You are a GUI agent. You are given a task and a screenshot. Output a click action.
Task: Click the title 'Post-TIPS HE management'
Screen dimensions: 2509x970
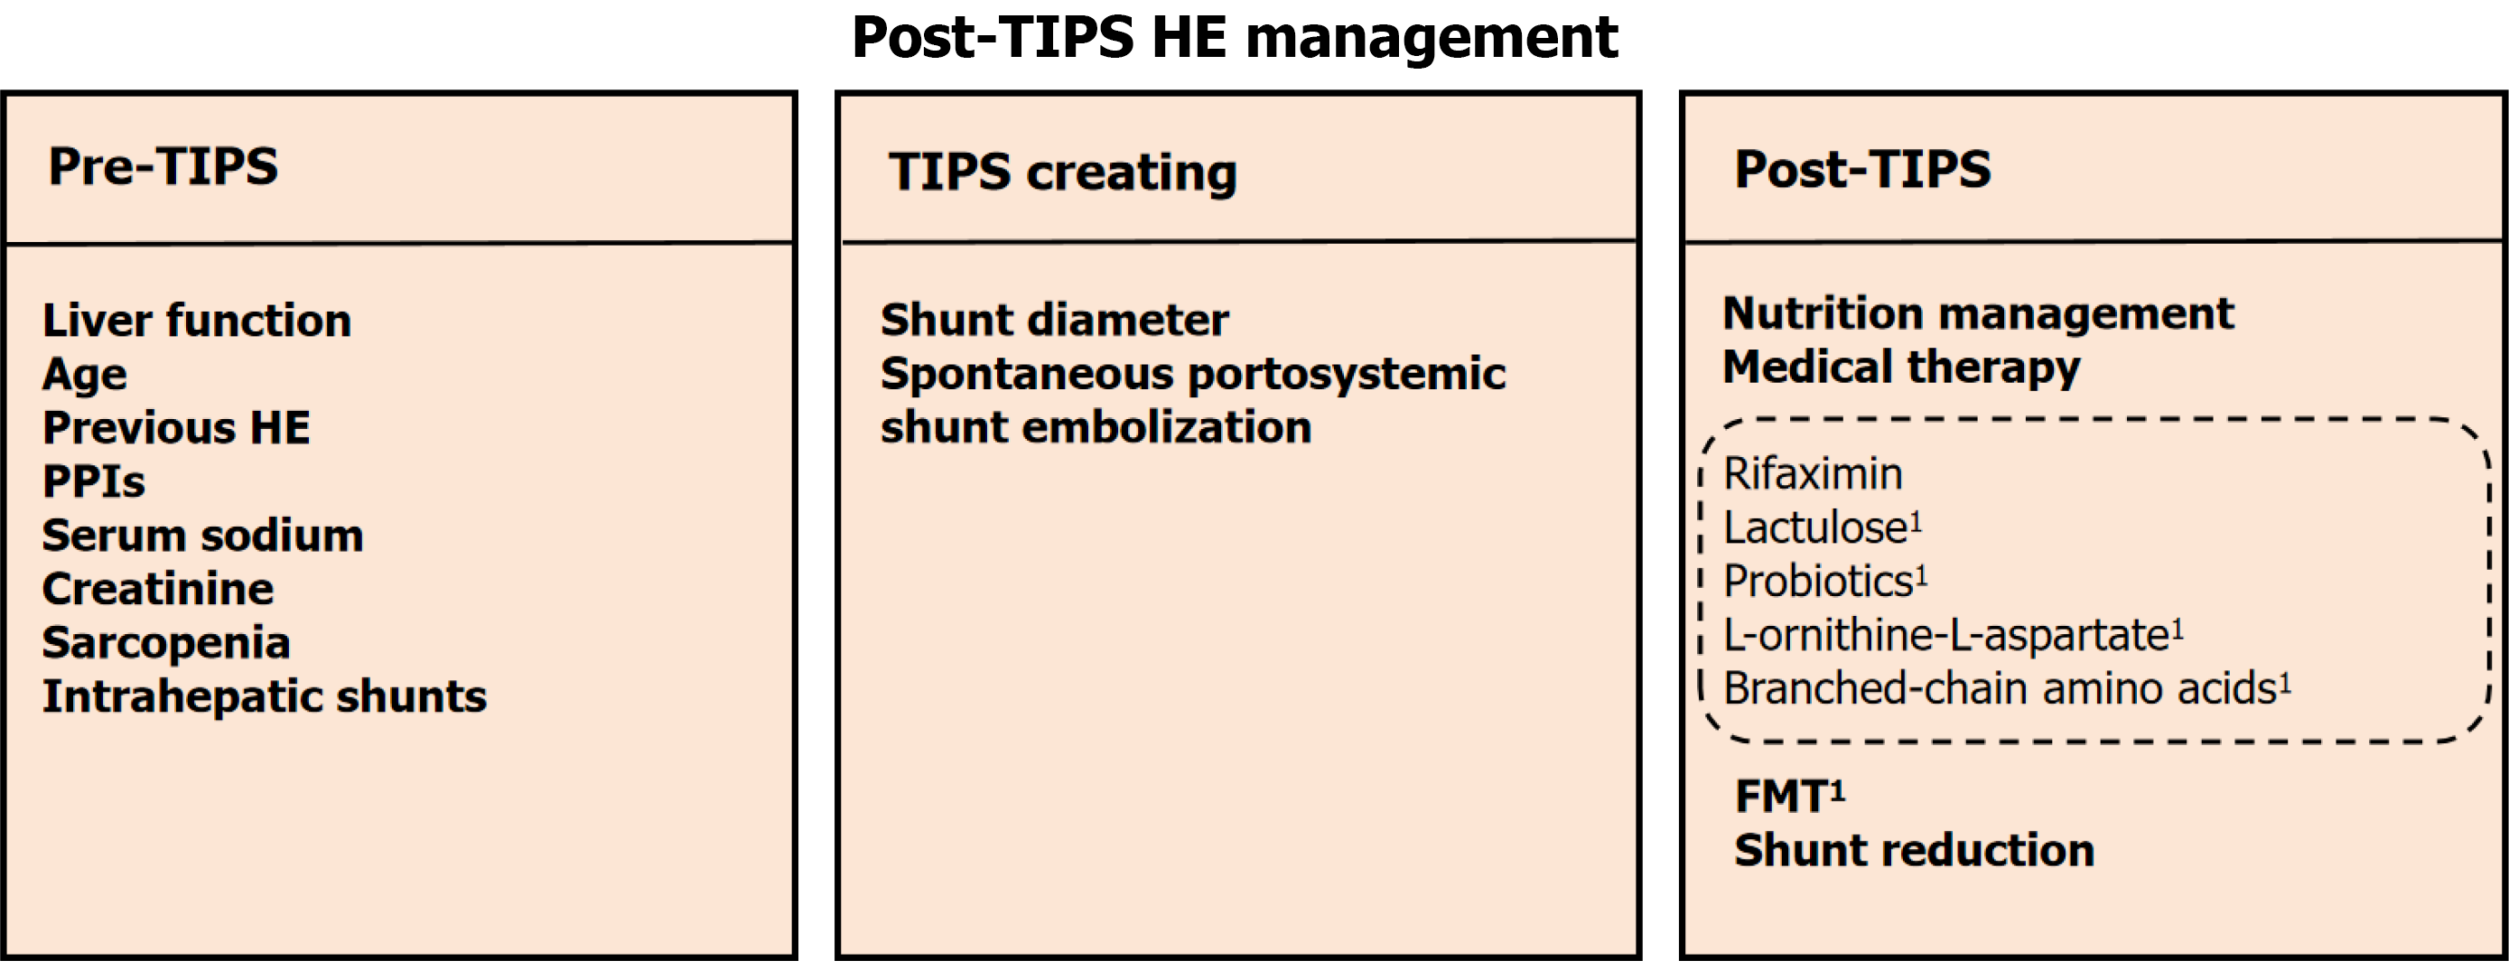point(1234,38)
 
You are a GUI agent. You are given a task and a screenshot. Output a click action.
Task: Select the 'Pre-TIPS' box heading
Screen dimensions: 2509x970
point(163,165)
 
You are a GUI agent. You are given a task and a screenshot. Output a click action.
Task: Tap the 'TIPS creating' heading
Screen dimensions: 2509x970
point(1063,173)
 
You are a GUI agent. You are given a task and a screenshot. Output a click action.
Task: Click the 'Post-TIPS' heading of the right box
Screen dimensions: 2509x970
point(1862,169)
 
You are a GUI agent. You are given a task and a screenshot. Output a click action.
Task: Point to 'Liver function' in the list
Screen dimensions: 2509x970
point(197,321)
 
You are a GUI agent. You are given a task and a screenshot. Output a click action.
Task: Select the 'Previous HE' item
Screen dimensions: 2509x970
point(176,427)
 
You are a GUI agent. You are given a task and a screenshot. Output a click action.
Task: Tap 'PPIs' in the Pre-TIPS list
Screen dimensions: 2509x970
point(94,481)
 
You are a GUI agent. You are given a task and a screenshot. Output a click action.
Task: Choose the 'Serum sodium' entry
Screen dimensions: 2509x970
point(202,536)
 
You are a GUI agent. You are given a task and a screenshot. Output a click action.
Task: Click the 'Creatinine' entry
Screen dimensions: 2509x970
point(158,588)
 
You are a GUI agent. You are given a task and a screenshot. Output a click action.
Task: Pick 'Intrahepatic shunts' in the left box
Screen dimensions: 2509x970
point(265,696)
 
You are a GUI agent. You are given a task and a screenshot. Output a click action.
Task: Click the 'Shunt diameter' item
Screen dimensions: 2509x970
point(1055,320)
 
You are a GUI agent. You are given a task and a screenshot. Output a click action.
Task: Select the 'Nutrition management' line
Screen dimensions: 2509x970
point(1978,314)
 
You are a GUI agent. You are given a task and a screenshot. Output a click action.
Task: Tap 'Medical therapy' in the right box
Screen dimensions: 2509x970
point(1901,368)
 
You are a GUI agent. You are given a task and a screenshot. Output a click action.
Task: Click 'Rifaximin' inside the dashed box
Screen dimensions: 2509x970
point(1813,474)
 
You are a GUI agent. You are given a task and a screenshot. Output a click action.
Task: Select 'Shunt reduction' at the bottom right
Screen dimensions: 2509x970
point(1914,850)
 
